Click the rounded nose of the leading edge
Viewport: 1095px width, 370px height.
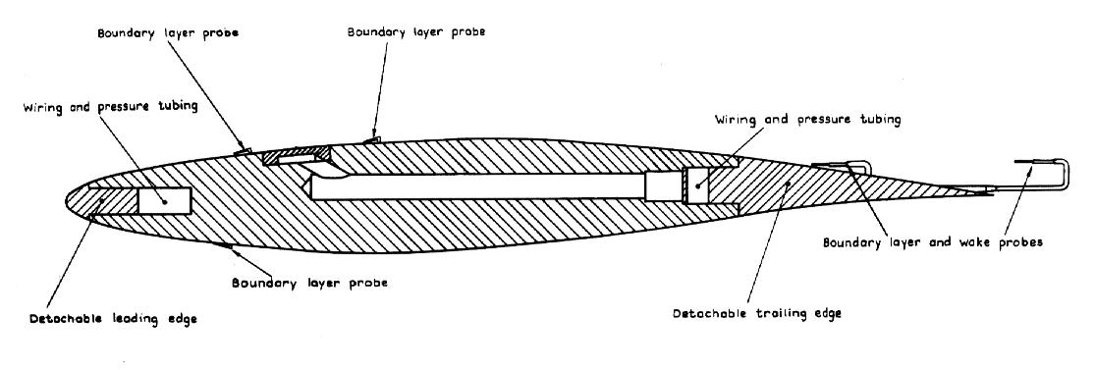pos(66,200)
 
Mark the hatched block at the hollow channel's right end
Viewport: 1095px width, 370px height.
pos(659,186)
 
